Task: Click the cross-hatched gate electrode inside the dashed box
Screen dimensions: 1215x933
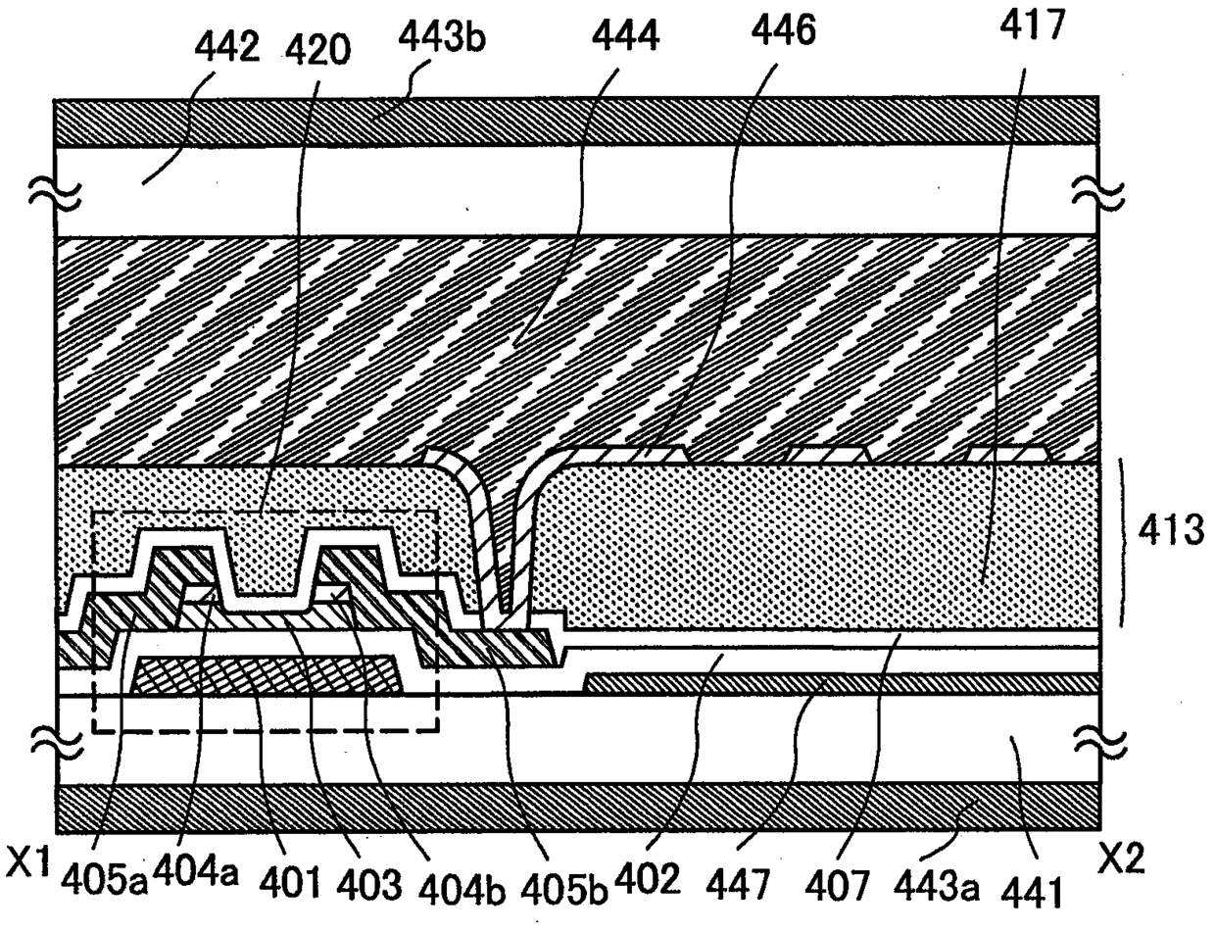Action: point(265,677)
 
